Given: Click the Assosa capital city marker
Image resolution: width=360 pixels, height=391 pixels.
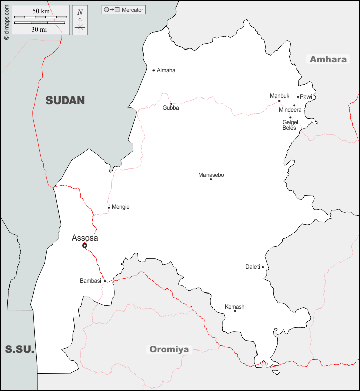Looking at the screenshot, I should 85,246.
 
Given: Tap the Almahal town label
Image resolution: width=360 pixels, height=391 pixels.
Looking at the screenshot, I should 167,70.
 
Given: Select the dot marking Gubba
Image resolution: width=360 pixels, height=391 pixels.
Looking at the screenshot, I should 171,104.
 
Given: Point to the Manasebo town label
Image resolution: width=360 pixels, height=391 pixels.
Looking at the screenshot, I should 211,175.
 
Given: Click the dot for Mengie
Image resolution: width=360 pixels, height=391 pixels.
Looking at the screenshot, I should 109,207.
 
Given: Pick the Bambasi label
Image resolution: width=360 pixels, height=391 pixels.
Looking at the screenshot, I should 90,281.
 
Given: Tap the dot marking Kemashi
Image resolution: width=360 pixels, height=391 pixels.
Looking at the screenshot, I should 235,311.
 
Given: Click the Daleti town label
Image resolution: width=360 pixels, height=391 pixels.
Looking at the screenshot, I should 252,267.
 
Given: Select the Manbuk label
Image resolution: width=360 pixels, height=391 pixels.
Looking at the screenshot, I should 279,95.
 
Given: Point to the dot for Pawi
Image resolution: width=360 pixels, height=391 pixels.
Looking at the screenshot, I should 298,97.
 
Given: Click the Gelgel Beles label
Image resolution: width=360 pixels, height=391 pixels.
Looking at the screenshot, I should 290,125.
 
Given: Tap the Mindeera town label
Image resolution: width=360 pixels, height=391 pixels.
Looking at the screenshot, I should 290,110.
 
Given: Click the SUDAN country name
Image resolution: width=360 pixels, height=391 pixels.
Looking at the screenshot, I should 65,100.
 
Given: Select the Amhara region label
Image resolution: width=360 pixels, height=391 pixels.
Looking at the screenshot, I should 328,59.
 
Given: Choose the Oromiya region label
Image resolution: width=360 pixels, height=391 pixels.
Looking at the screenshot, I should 169,349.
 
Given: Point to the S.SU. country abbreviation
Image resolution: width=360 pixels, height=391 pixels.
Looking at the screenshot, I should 19,349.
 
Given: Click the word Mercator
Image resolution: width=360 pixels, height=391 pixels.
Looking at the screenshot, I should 133,10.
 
